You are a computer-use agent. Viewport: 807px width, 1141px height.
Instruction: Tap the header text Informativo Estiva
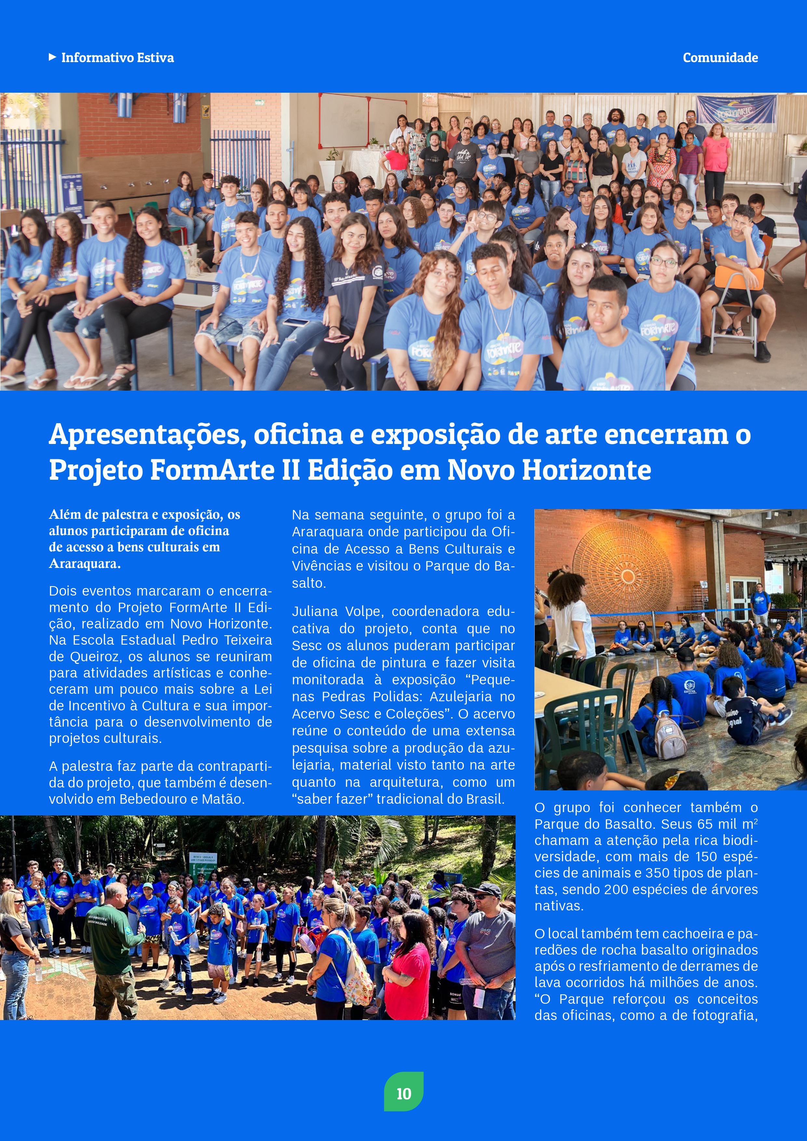pyautogui.click(x=117, y=58)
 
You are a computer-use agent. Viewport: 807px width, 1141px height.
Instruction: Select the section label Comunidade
pyautogui.click(x=720, y=58)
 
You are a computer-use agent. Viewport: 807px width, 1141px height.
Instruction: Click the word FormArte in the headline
pyautogui.click(x=212, y=470)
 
